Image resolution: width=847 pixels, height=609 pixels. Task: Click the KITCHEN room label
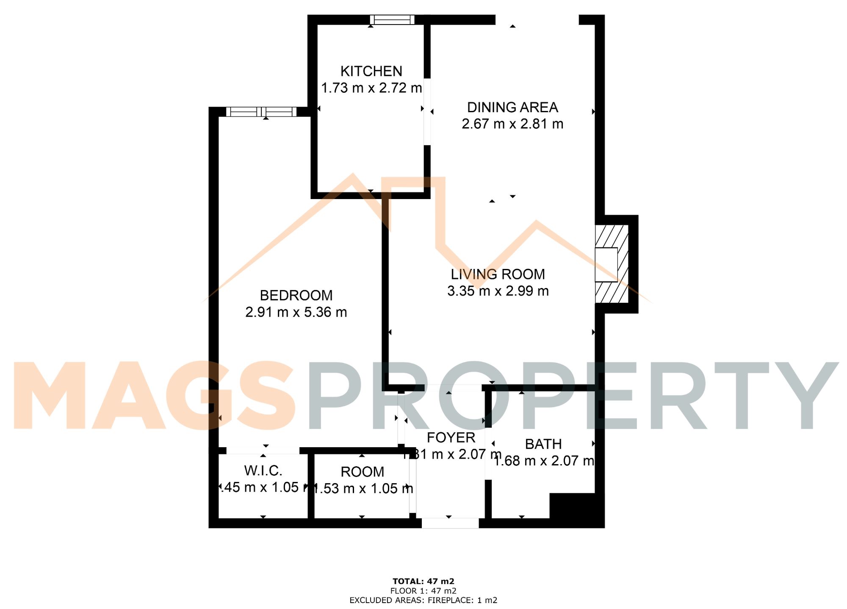[371, 71]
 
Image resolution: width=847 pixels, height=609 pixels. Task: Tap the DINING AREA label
[512, 108]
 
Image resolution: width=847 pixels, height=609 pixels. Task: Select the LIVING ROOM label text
[498, 274]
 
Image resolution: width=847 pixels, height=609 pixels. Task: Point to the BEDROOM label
[296, 295]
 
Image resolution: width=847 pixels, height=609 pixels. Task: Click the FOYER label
[451, 437]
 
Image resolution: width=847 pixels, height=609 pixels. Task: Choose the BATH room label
[543, 444]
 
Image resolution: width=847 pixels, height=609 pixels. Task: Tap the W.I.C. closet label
[263, 471]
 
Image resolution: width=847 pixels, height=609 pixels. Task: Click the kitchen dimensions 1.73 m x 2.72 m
[371, 88]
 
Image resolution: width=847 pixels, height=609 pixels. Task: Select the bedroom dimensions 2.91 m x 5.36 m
[296, 312]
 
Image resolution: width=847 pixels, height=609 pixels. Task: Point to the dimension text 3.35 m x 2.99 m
[498, 291]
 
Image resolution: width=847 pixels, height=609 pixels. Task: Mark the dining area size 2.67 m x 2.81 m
[512, 124]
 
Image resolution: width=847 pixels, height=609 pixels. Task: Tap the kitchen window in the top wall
[392, 20]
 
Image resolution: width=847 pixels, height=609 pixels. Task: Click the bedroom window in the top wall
[261, 112]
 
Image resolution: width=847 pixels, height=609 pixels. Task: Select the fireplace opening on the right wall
[606, 265]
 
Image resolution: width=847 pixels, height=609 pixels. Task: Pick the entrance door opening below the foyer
[450, 523]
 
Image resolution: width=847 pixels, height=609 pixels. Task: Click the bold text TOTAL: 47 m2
[423, 581]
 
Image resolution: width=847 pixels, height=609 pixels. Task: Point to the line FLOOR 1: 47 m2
[423, 591]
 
